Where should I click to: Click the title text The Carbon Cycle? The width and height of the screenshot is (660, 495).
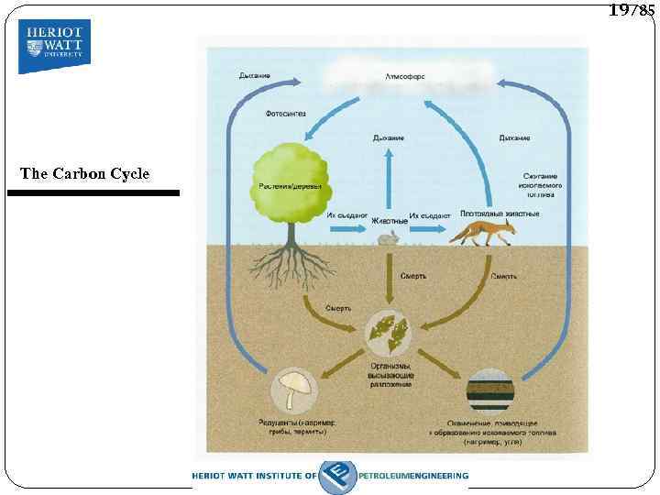84,173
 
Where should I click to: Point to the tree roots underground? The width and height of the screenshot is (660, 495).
291,266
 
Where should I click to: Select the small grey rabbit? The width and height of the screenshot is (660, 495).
389,239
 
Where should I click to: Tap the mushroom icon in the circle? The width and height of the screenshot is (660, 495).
295,390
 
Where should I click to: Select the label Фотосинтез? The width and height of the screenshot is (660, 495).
285,115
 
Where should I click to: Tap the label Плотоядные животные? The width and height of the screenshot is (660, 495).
500,214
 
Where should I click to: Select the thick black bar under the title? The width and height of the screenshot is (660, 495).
93,193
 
